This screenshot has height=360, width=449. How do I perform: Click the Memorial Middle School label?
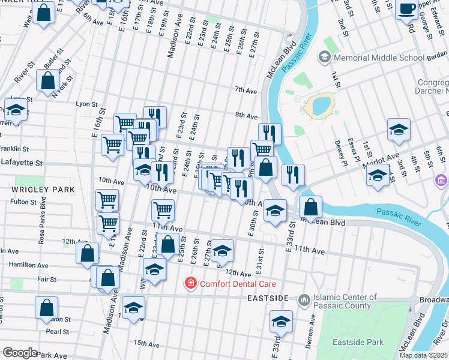(381, 58)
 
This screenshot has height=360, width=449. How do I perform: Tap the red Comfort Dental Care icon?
(190, 282)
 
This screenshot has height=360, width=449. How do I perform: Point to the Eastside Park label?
(358, 342)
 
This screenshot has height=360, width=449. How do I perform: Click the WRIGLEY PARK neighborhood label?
(35, 190)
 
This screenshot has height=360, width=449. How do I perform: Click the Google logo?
(19, 352)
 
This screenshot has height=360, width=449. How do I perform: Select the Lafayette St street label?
(22, 163)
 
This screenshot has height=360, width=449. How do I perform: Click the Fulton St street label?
(25, 202)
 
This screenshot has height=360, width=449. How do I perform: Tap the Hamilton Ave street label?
(28, 265)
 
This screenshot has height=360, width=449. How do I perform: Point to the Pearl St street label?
(58, 331)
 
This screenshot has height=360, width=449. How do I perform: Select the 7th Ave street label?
(246, 91)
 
